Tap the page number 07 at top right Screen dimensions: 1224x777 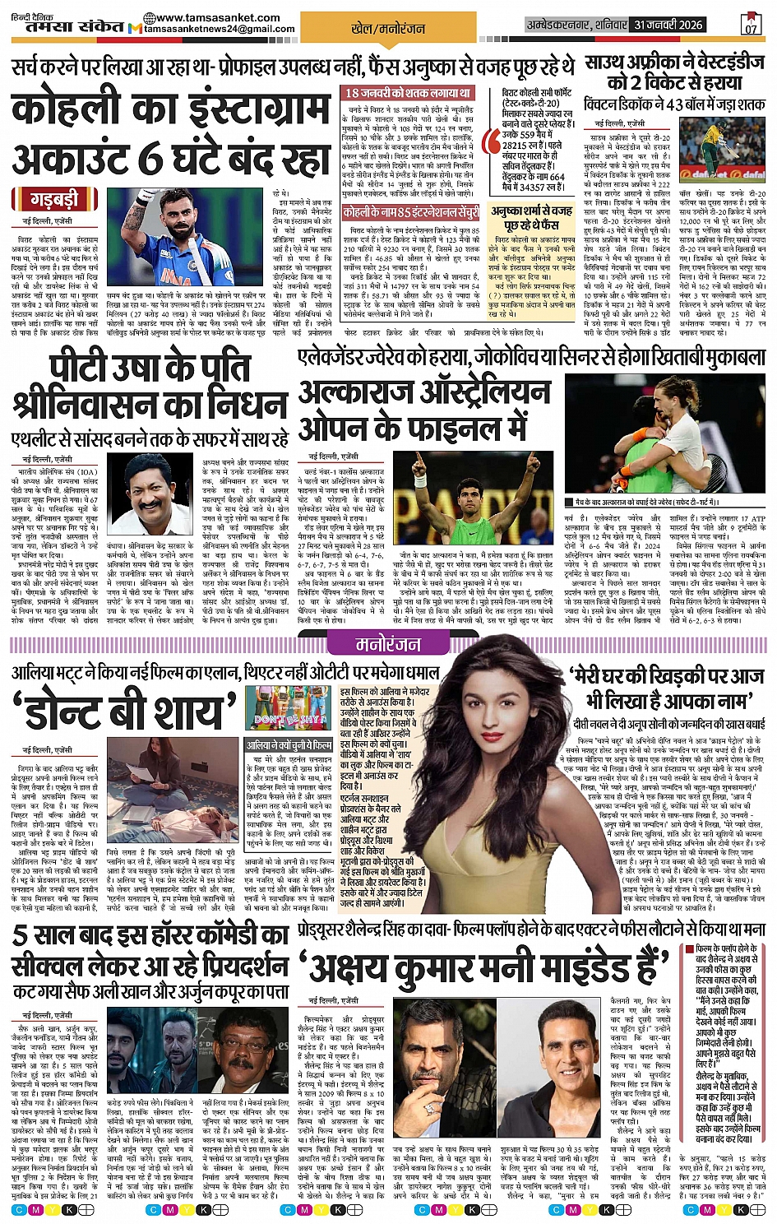tap(751, 24)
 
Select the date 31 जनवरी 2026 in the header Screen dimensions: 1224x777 tap(668, 25)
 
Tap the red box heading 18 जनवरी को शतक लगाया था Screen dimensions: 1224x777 tap(408, 93)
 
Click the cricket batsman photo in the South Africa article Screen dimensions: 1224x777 tap(724, 147)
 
